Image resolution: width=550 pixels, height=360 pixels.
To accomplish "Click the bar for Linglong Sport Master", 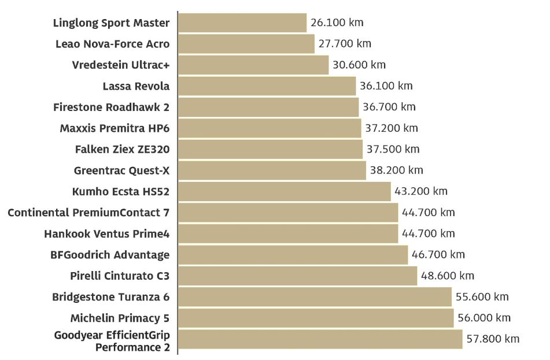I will pyautogui.click(x=242, y=23).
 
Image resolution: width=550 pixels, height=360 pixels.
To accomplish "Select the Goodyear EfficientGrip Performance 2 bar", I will pyautogui.click(x=320, y=339).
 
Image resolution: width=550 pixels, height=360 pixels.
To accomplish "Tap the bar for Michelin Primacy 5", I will pyautogui.click(x=316, y=318).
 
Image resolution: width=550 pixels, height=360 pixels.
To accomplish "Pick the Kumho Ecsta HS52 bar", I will pyautogui.click(x=285, y=191).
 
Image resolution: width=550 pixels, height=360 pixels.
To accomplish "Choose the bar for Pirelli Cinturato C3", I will pyautogui.click(x=297, y=276).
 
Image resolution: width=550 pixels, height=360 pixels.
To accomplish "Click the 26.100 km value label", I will pyautogui.click(x=337, y=23).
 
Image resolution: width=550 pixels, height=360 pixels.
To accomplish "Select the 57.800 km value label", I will pyautogui.click(x=493, y=339).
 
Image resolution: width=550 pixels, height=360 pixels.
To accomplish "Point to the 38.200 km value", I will pyautogui.click(x=396, y=170).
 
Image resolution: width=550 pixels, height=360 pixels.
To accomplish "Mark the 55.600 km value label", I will pyautogui.click(x=482, y=297).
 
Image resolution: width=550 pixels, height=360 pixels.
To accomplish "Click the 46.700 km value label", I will pyautogui.click(x=438, y=255).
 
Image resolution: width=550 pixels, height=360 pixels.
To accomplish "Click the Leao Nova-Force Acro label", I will pyautogui.click(x=113, y=44).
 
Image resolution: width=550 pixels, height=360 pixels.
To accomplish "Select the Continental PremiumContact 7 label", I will pyautogui.click(x=88, y=213).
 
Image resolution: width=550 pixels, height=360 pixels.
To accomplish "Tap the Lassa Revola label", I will pyautogui.click(x=136, y=86).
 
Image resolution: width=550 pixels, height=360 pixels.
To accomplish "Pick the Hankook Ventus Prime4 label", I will pyautogui.click(x=107, y=233).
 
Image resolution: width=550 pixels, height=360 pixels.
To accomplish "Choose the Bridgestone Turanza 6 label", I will pyautogui.click(x=111, y=297).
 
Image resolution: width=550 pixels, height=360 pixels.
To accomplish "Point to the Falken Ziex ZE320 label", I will pyautogui.click(x=123, y=149).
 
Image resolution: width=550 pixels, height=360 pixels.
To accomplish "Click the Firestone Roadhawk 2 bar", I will pyautogui.click(x=268, y=107).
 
